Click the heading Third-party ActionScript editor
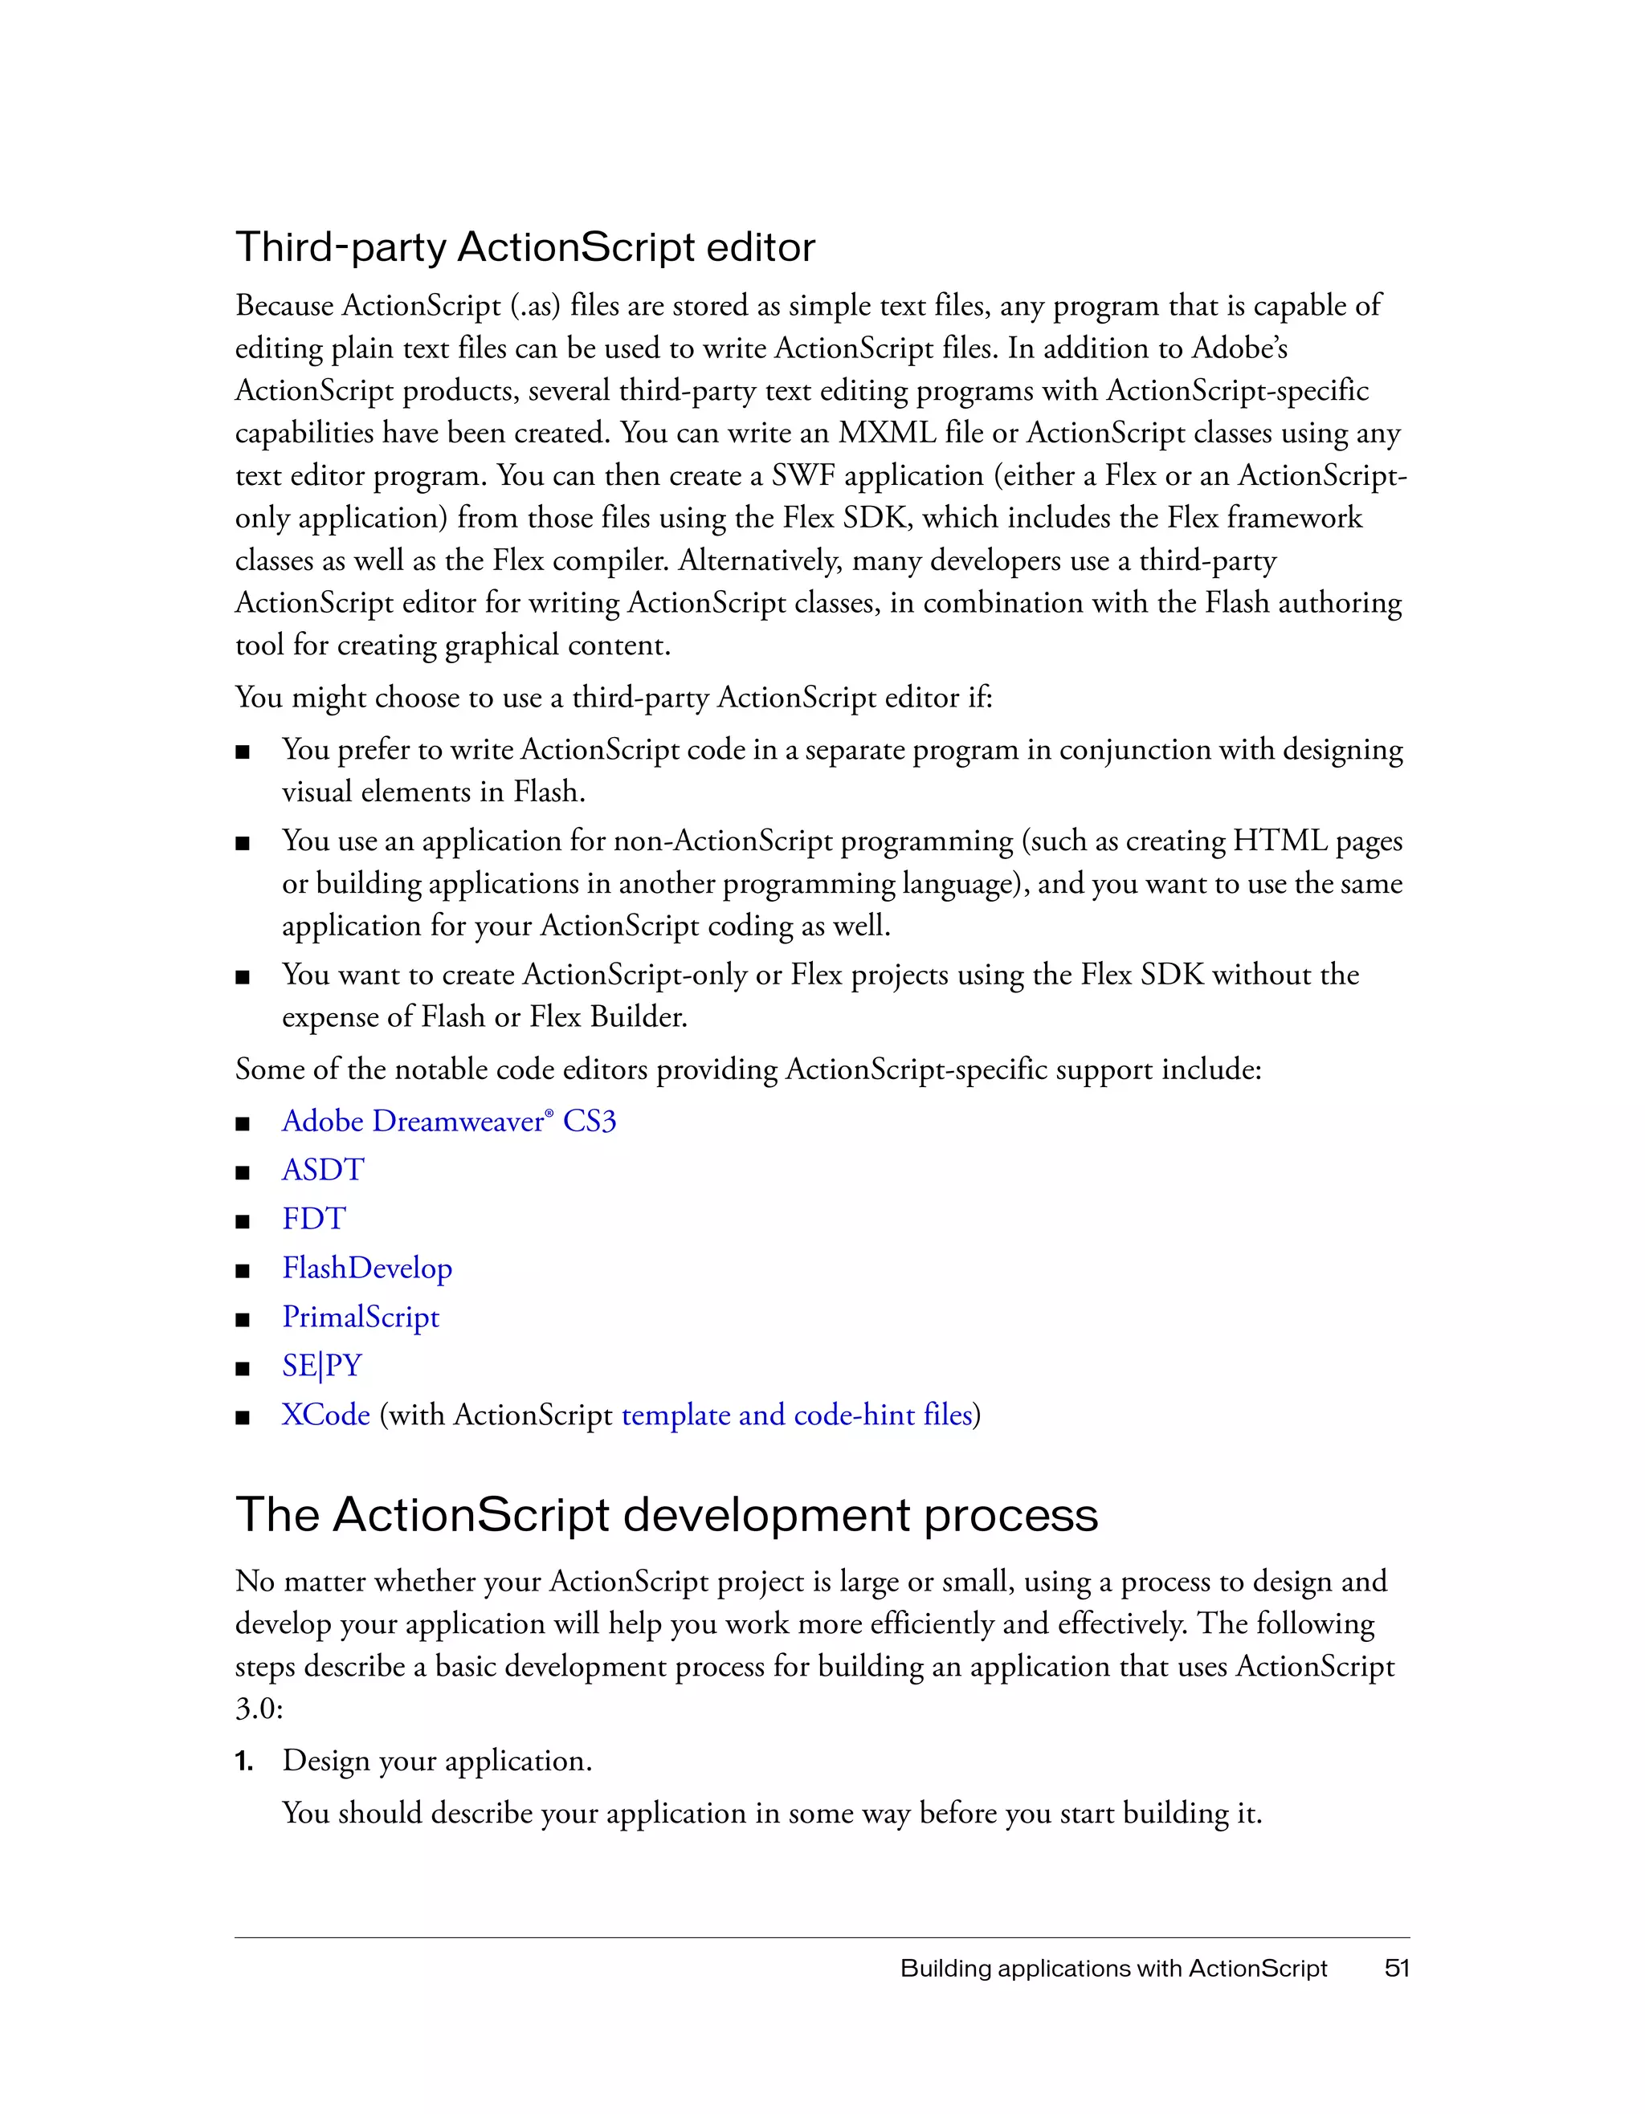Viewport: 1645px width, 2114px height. click(x=525, y=248)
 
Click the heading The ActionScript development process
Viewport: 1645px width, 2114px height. click(x=666, y=1515)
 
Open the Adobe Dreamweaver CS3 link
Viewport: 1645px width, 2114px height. click(x=448, y=1121)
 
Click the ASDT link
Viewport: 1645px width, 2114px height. click(x=322, y=1171)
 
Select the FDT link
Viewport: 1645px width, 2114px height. click(x=314, y=1219)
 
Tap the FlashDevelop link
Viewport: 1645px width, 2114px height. click(x=367, y=1268)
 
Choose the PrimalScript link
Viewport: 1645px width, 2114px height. click(x=360, y=1317)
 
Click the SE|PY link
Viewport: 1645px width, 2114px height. click(x=321, y=1366)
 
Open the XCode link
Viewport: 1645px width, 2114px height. click(x=325, y=1415)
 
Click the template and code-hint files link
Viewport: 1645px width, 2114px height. click(x=796, y=1415)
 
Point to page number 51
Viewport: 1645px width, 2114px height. click(x=1396, y=1968)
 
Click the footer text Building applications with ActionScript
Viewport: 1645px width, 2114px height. click(x=1113, y=1968)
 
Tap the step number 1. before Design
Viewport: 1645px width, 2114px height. click(x=244, y=1761)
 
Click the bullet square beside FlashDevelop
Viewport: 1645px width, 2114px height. click(x=243, y=1271)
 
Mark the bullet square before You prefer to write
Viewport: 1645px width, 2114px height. click(x=243, y=752)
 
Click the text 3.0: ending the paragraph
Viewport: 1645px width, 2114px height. click(x=259, y=1709)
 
